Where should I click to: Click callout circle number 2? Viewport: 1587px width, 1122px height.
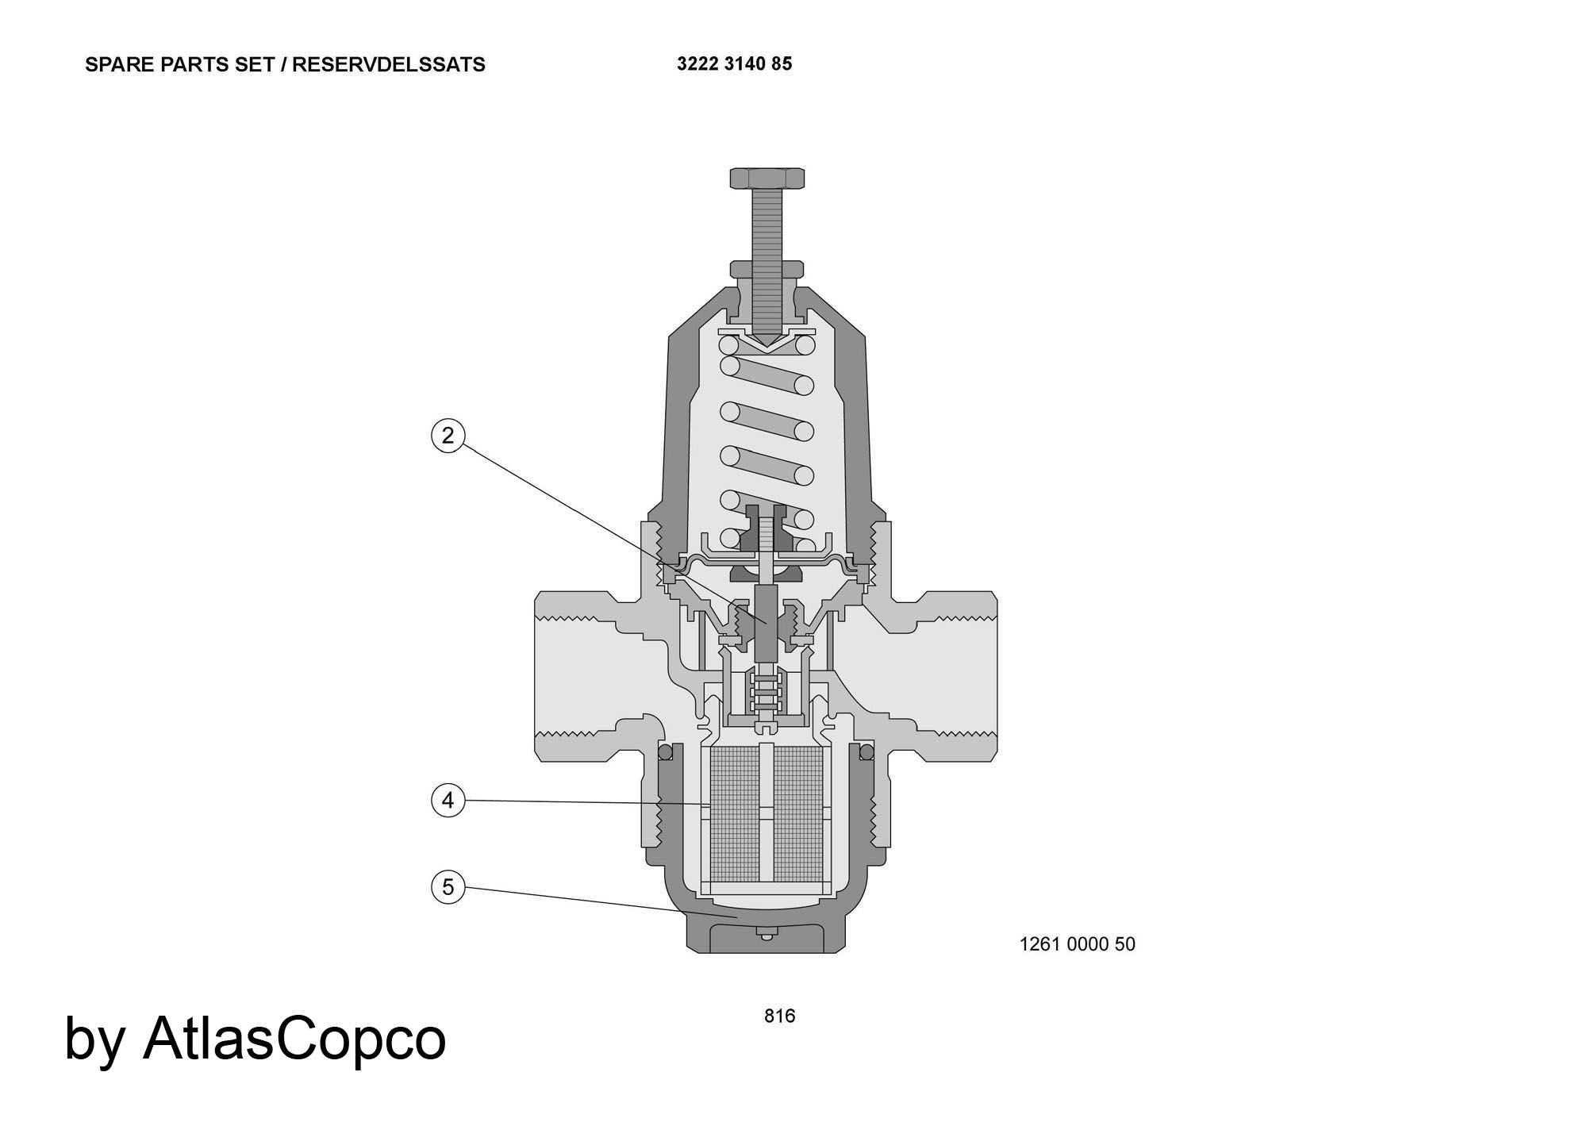coord(448,436)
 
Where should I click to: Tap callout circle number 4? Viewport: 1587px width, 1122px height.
coord(448,800)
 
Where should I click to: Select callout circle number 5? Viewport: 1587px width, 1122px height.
coord(448,886)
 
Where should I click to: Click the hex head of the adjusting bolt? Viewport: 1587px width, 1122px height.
coord(767,178)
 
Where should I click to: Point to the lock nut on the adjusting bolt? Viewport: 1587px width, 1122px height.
coord(767,270)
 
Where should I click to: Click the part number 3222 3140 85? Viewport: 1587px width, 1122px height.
coord(734,63)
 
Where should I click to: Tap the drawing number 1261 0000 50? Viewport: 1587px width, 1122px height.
coord(1077,944)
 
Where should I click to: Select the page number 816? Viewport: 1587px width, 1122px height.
coord(779,1016)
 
